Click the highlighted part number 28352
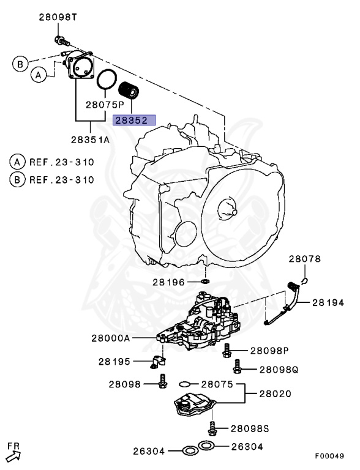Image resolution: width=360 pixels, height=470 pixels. (x=133, y=121)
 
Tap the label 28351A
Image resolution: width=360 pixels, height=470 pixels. (x=90, y=140)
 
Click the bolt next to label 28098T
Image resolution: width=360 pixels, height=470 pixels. (x=59, y=42)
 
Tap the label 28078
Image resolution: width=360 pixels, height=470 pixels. (x=305, y=259)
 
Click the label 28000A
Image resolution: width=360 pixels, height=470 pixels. (x=111, y=337)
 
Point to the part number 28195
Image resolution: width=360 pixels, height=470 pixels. (x=114, y=362)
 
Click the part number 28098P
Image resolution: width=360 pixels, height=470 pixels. (x=269, y=351)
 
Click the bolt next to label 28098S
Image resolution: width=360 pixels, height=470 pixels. (x=212, y=426)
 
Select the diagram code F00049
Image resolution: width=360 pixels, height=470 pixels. (x=330, y=457)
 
